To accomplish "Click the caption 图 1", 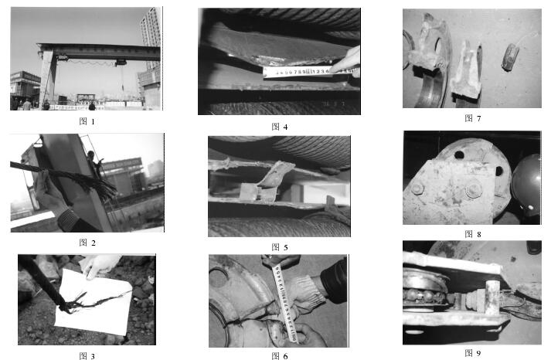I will click(87, 121).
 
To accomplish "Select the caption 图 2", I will click(87, 242).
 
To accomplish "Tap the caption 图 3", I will click(87, 356).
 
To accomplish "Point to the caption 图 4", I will click(279, 126).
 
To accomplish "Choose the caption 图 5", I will click(279, 246).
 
